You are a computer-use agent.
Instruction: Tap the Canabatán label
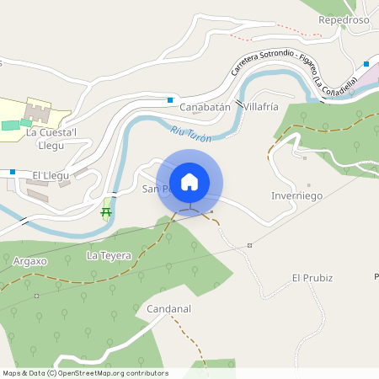pos(204,107)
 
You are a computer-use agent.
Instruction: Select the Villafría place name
pos(260,107)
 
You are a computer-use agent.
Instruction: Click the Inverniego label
pos(297,195)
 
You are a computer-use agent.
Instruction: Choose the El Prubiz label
pos(312,277)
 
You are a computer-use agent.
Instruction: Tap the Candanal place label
pos(169,309)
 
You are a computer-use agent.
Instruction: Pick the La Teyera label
pos(109,254)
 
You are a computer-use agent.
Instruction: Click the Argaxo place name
pos(30,261)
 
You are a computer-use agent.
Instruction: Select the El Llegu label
pos(49,174)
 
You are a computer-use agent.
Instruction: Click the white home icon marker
pos(189,182)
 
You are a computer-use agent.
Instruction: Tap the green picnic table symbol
pos(107,211)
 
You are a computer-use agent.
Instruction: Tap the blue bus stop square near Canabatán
pos(170,100)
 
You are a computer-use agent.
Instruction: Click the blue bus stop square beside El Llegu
pos(13,172)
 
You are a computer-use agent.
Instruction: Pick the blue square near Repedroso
pos(366,64)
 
